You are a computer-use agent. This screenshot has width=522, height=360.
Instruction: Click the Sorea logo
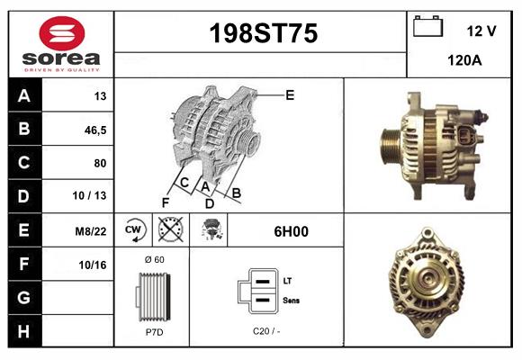61,44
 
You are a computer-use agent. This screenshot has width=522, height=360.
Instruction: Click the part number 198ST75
263,34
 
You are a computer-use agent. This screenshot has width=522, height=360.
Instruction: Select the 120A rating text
463,61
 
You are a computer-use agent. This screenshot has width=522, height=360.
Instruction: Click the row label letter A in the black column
23,96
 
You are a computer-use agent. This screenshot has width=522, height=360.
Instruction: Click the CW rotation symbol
133,230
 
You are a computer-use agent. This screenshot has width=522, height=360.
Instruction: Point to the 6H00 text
291,231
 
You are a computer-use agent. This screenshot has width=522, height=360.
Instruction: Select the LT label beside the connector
287,282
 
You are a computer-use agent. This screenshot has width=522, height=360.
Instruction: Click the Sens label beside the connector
291,300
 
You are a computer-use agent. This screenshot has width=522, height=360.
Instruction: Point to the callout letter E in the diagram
290,94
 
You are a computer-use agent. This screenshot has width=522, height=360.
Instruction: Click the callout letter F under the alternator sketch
166,202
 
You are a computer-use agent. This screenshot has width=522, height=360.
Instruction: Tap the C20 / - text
265,332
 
